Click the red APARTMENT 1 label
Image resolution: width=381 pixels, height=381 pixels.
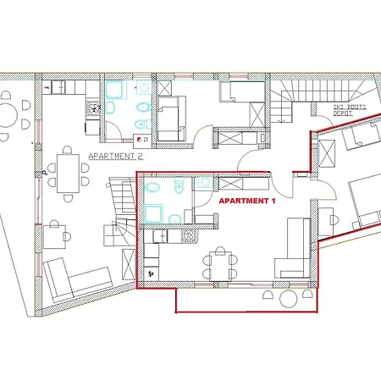click(248, 202)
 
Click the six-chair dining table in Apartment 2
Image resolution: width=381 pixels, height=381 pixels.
click(66, 169)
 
